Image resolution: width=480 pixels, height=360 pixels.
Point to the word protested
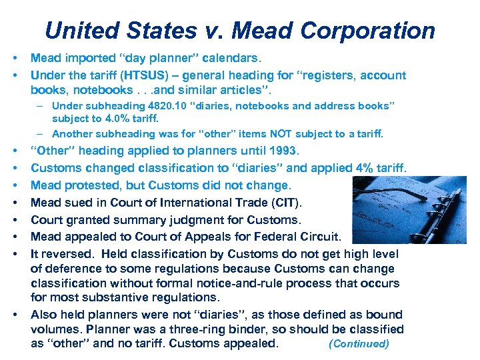[97, 185]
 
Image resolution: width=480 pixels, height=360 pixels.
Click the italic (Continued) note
[359, 344]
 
